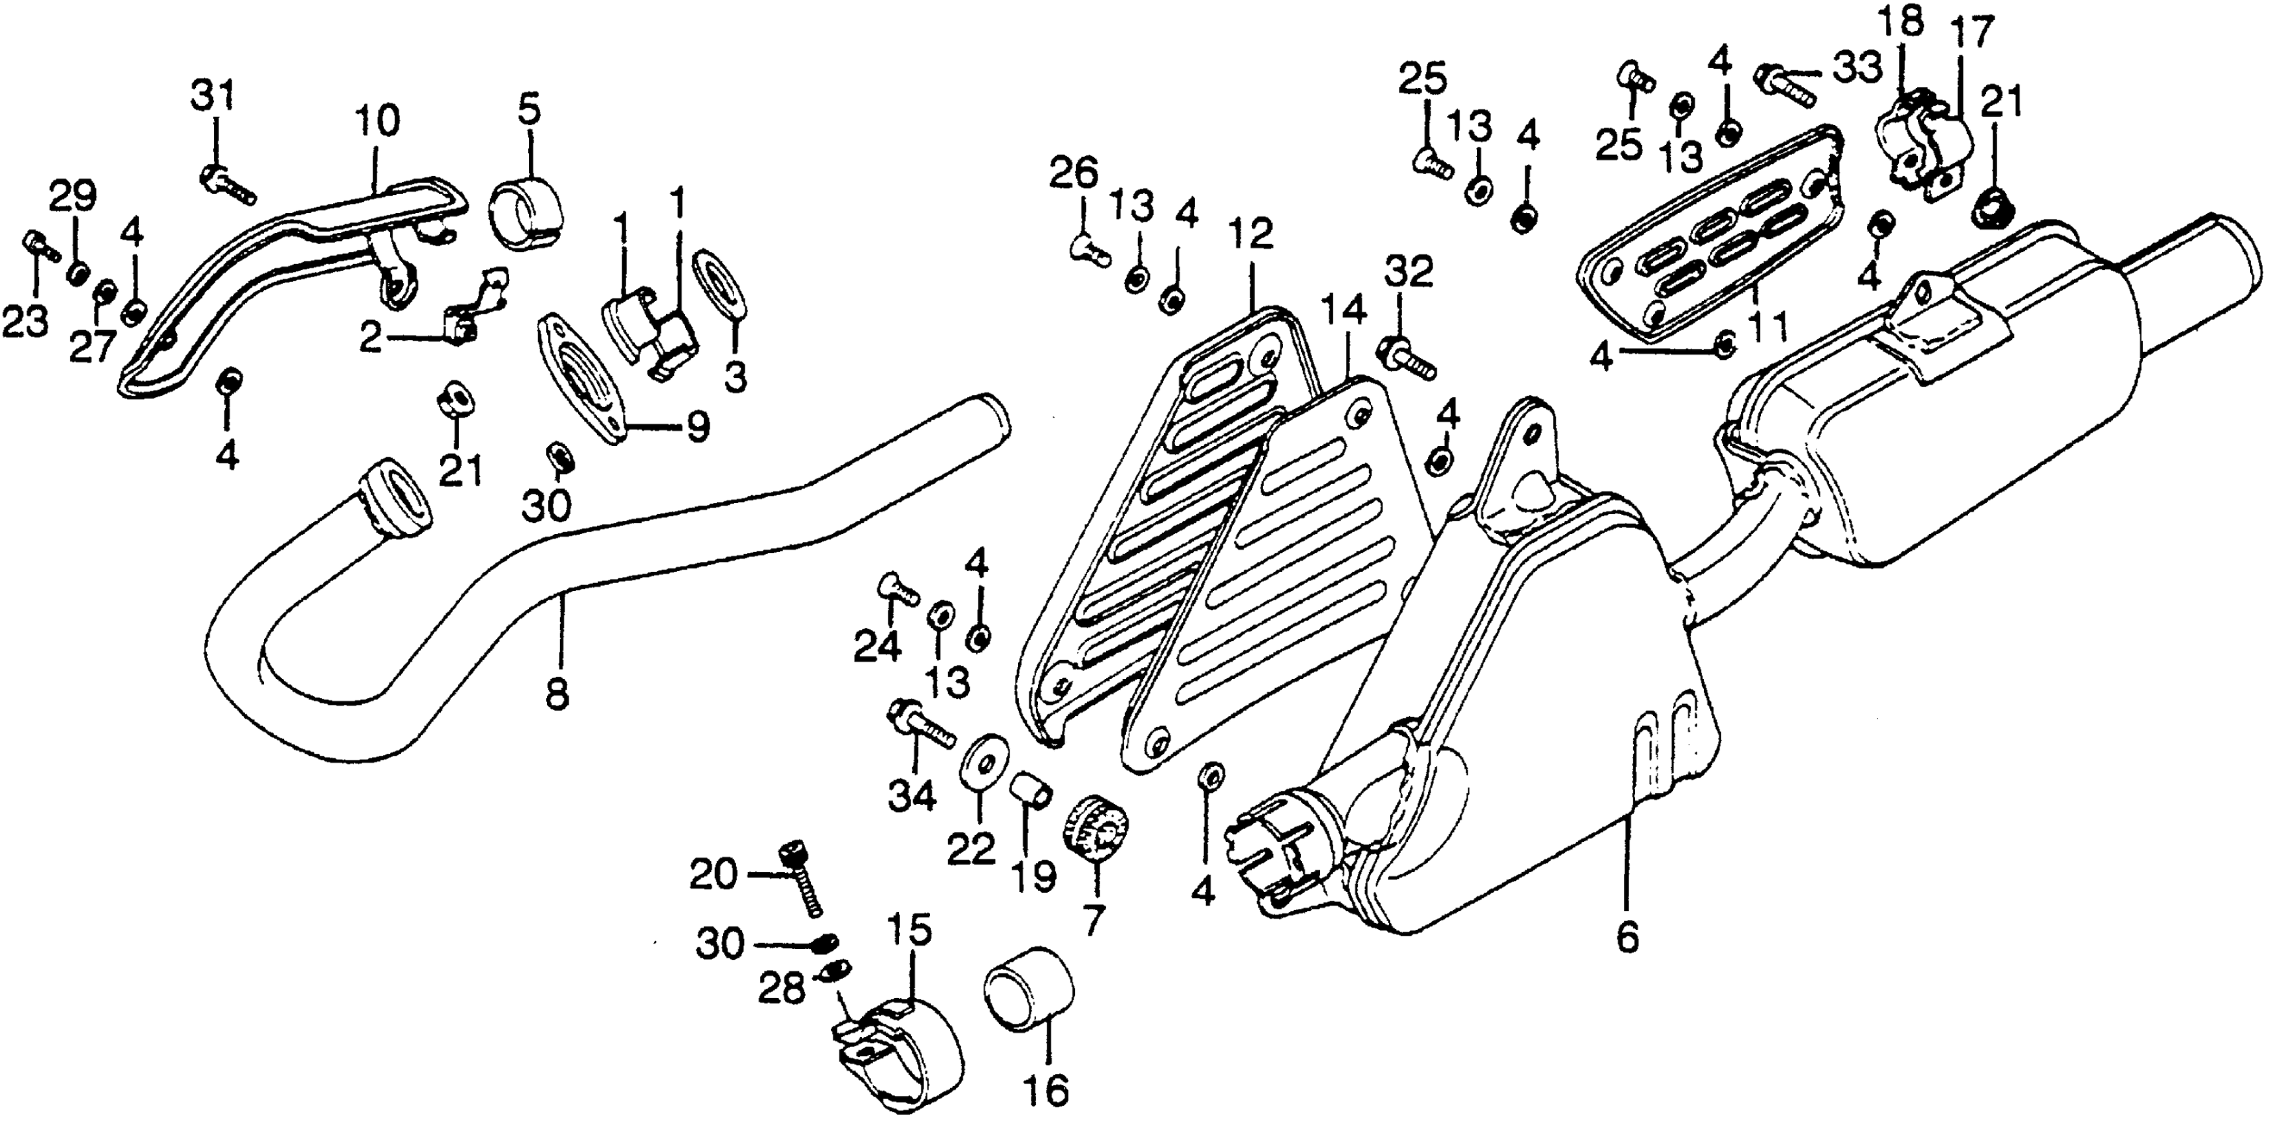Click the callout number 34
tap(910, 798)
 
